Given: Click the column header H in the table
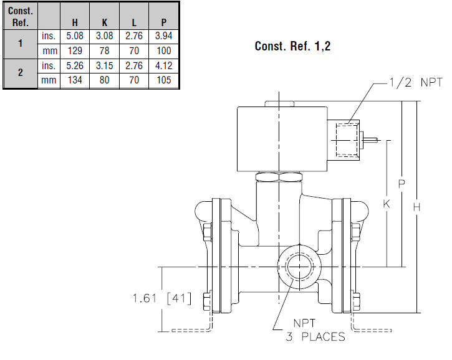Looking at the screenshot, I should tap(75, 22).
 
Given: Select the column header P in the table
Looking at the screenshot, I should tap(163, 22).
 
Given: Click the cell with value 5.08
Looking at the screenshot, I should tap(75, 36).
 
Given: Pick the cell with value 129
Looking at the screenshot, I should tap(75, 51).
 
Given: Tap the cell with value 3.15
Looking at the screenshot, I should tap(104, 65).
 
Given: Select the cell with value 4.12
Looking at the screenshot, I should tap(163, 65).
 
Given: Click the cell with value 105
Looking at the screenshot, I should tap(163, 80).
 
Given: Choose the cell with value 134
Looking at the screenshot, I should tap(75, 80).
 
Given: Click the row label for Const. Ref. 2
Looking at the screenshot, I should tap(21, 73).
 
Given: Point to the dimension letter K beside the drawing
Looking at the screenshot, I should tap(387, 204).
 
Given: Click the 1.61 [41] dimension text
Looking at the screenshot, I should tap(161, 298).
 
